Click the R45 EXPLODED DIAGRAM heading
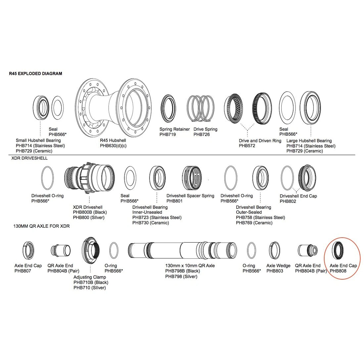pos(35,73)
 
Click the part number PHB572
pos(247,146)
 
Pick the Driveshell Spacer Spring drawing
pos(192,178)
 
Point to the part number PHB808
pos(338,271)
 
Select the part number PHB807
pos(23,271)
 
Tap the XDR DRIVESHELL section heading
pos(29,158)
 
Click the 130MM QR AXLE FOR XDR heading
pos(41,226)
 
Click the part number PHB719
pos(167,134)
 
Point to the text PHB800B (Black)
pos(90,212)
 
